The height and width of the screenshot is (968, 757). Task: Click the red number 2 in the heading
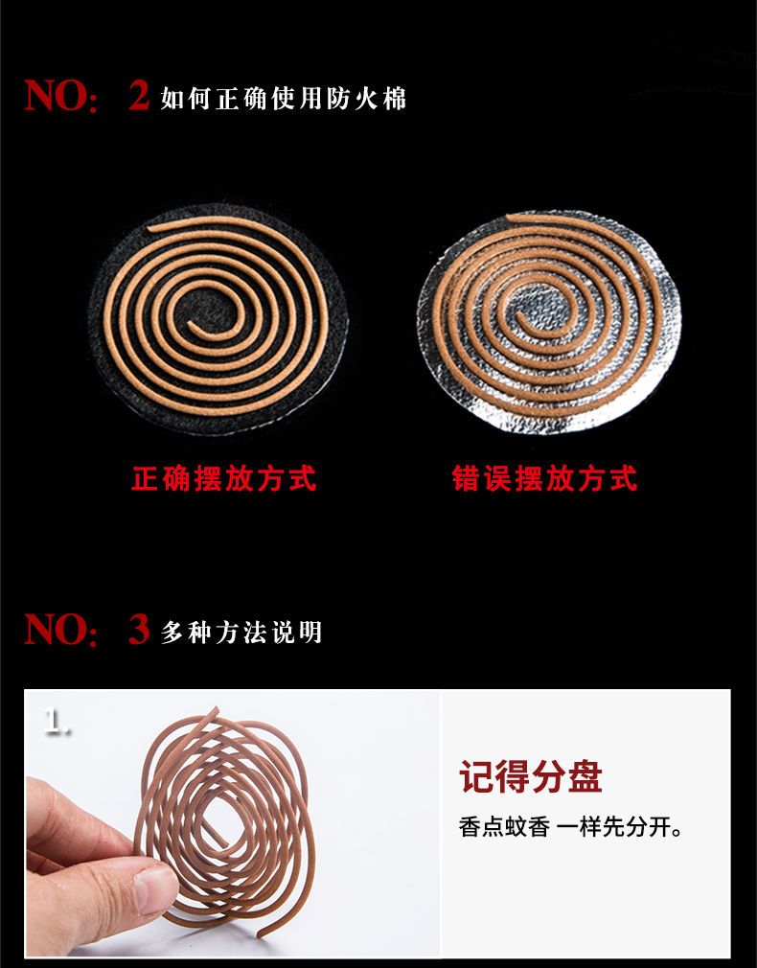pyautogui.click(x=139, y=95)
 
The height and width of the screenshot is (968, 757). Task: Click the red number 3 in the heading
pyautogui.click(x=139, y=629)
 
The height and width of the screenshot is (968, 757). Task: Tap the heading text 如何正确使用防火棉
pyautogui.click(x=284, y=99)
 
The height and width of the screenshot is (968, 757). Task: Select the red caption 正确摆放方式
pyautogui.click(x=224, y=478)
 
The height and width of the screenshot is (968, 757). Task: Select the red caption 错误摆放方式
pyautogui.click(x=544, y=478)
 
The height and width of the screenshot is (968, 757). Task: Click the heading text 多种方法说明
pyautogui.click(x=241, y=633)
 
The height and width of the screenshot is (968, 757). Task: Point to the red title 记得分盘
pyautogui.click(x=531, y=776)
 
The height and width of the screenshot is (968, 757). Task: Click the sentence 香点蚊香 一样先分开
pyautogui.click(x=570, y=826)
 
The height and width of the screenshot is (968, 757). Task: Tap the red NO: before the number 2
pyautogui.click(x=60, y=96)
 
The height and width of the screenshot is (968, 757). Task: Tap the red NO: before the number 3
pyautogui.click(x=60, y=630)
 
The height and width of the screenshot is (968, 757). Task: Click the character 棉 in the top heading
pyautogui.click(x=394, y=99)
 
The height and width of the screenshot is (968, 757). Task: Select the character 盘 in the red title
pyautogui.click(x=585, y=776)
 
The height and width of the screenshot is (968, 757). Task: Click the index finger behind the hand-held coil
pyautogui.click(x=86, y=818)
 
